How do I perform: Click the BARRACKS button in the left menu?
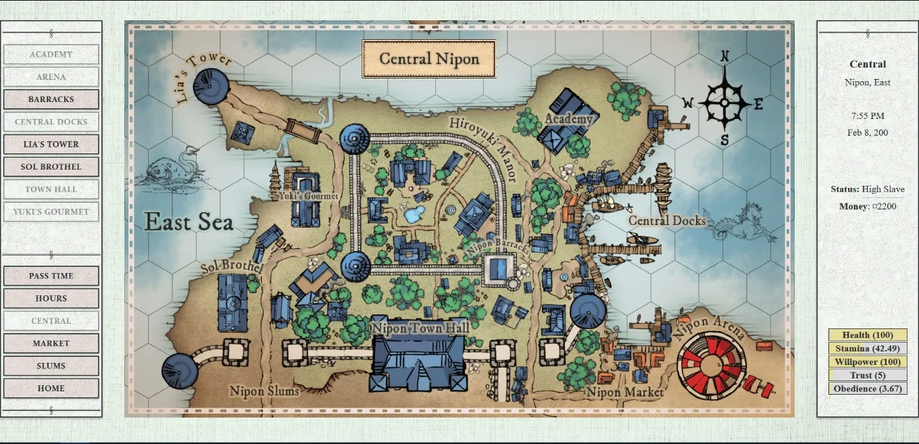pyautogui.click(x=51, y=99)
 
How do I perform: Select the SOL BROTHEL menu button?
pyautogui.click(x=51, y=167)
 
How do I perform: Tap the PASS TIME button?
pyautogui.click(x=51, y=276)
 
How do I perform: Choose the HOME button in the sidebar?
pyautogui.click(x=51, y=389)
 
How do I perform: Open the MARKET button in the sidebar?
pyautogui.click(x=51, y=343)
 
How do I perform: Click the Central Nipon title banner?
pyautogui.click(x=429, y=59)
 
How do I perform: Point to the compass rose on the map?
pyautogui.click(x=724, y=103)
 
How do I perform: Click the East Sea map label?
pyautogui.click(x=189, y=222)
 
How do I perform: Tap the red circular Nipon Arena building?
pyautogui.click(x=710, y=362)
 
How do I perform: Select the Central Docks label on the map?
pyautogui.click(x=667, y=220)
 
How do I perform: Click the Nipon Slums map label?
pyautogui.click(x=264, y=391)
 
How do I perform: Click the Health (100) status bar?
pyautogui.click(x=868, y=335)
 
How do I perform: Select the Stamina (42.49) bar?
pyautogui.click(x=868, y=349)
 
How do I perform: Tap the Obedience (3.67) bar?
pyautogui.click(x=868, y=389)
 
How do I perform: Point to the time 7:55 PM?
pyautogui.click(x=868, y=116)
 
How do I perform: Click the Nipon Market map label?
pyautogui.click(x=624, y=392)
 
